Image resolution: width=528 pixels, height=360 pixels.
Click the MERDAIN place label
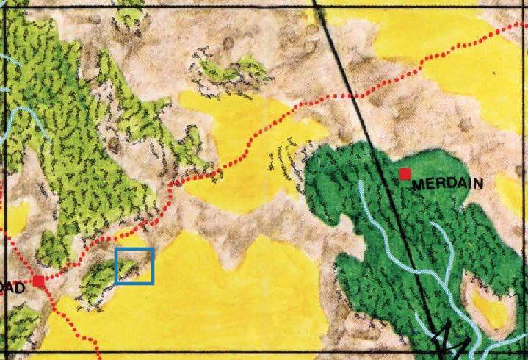tap(447, 184)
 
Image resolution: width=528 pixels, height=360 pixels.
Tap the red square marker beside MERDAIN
tap(404, 173)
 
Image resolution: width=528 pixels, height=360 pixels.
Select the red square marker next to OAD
tap(38, 281)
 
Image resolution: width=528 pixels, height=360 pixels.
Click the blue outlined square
tap(134, 266)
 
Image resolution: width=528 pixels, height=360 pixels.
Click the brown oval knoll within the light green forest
tap(114, 144)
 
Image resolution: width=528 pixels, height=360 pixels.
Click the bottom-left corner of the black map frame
tap(2, 352)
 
